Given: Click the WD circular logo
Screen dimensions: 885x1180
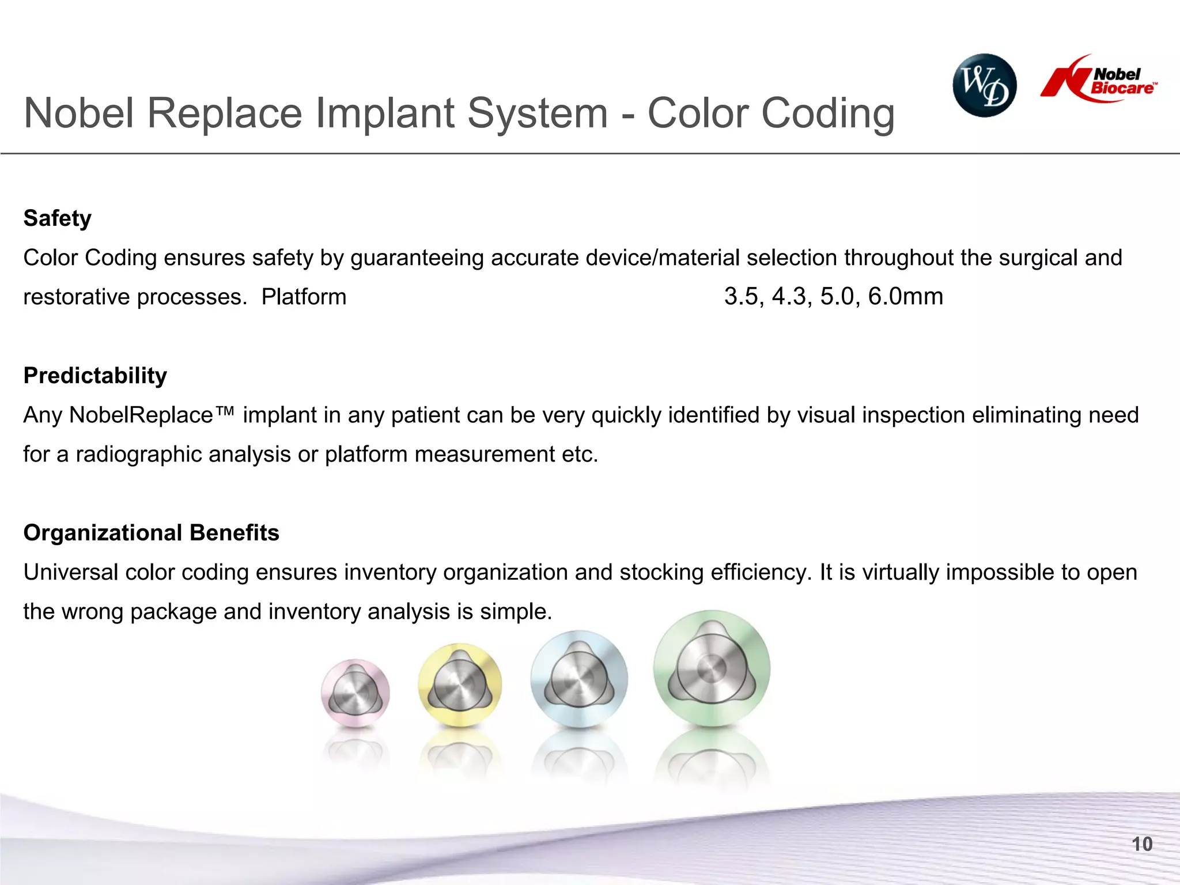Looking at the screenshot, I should click(984, 85).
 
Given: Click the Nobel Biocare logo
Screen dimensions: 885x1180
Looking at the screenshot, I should click(1099, 80).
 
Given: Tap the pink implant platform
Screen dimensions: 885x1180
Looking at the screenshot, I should click(355, 693).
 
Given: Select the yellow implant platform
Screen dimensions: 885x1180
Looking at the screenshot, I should click(460, 684).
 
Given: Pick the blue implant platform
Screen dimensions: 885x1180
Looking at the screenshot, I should click(579, 679).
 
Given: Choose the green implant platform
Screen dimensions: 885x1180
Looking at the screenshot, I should click(712, 668).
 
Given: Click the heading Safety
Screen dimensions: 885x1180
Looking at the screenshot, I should click(57, 218).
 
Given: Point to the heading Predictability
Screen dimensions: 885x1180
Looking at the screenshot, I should click(95, 376).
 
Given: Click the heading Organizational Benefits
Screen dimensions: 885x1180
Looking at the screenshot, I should click(151, 533).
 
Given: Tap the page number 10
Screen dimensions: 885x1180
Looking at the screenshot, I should click(1142, 844).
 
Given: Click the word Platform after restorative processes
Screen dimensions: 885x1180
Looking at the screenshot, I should click(304, 297).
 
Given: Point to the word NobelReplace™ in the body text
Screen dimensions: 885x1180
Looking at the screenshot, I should click(152, 415).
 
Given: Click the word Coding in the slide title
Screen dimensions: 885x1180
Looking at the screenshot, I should click(828, 114).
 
